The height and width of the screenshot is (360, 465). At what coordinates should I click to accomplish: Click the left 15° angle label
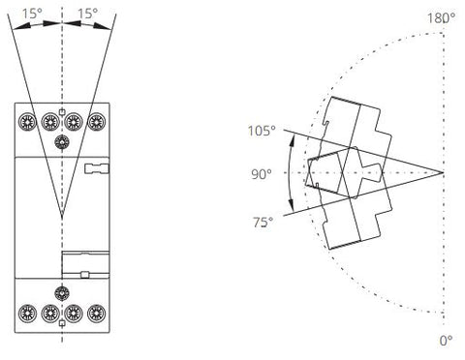pos(32,14)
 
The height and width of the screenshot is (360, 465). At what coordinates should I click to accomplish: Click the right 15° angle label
pos(87,14)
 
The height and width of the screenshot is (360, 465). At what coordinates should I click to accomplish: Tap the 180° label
pos(441,18)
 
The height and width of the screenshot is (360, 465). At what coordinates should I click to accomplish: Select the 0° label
pos(446,341)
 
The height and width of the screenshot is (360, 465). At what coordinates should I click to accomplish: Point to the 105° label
pos(262,131)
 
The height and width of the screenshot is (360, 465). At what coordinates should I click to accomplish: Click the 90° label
pos(262,174)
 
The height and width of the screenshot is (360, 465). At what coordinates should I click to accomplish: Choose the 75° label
pos(263,223)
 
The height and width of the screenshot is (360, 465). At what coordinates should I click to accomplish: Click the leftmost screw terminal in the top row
pos(27,122)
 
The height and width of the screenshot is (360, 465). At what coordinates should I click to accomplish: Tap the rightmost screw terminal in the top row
pos(96,122)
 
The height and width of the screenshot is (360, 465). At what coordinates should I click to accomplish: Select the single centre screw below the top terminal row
pos(62,142)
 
